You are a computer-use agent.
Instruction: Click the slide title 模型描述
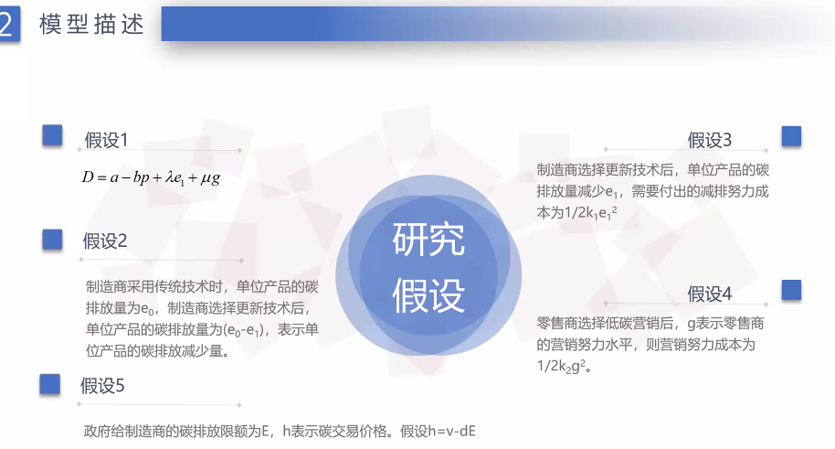[91, 25]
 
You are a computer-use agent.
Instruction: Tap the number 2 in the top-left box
[6, 24]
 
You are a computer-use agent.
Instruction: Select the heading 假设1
[107, 140]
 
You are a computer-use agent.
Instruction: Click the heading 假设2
[105, 241]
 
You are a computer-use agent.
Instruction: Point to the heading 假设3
[709, 140]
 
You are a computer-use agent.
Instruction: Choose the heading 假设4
[709, 294]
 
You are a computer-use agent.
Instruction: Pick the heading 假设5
[102, 386]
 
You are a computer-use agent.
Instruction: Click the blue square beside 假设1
[52, 135]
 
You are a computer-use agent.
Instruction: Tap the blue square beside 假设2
[52, 240]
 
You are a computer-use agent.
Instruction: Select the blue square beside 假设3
[791, 136]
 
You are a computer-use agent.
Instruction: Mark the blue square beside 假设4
[791, 290]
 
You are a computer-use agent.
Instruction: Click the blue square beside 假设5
[49, 384]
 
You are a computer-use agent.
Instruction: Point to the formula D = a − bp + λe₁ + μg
[152, 177]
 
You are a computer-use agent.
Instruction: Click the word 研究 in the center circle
[428, 240]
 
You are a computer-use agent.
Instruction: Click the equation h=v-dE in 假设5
[452, 431]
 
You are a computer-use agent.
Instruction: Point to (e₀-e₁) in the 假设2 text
[243, 331]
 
